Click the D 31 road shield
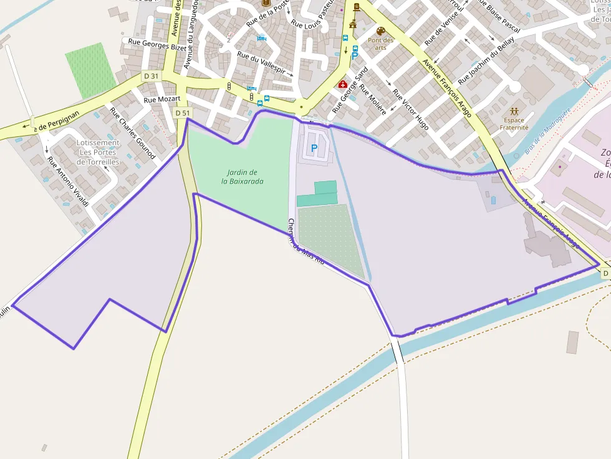[x=151, y=76]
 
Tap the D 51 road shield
[x=182, y=113]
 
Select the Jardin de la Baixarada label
[x=243, y=177]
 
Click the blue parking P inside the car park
[x=314, y=149]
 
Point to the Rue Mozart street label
[x=162, y=99]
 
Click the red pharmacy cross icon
[x=342, y=84]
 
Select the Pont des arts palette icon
[x=380, y=31]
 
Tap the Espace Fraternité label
[x=514, y=123]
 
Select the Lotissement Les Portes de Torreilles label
[x=98, y=152]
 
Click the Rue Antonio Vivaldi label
[x=69, y=182]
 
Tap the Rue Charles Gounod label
[x=132, y=133]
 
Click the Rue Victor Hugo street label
[x=410, y=109]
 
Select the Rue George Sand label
[x=350, y=90]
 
